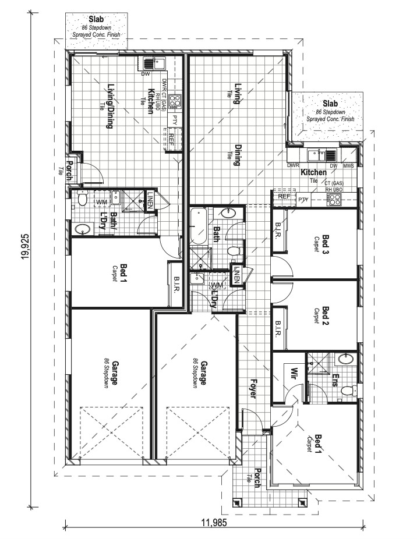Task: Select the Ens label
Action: [x=336, y=381]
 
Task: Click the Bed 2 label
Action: [x=326, y=315]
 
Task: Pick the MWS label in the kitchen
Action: [x=348, y=166]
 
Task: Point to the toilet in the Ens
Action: [x=348, y=391]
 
